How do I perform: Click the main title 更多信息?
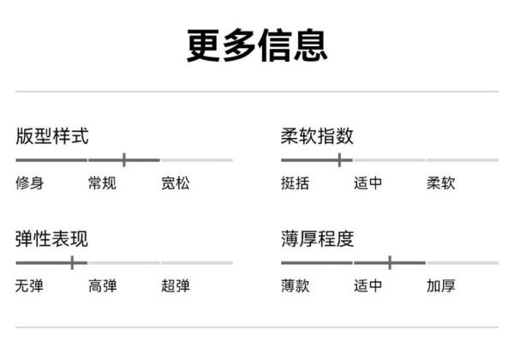(257, 45)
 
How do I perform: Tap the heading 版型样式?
(52, 135)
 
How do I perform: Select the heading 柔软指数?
(317, 135)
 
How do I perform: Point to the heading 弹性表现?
(51, 238)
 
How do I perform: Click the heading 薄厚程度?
(317, 238)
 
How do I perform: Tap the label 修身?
(29, 183)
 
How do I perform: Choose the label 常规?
(102, 183)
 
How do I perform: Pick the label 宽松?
(176, 183)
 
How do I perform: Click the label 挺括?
(295, 183)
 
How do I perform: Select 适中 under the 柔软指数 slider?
(368, 183)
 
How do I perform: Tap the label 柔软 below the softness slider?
(441, 183)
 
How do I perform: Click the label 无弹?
(29, 285)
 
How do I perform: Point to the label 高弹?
(103, 285)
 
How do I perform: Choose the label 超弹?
(176, 285)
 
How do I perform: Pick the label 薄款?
(295, 285)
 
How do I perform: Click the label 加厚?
(441, 285)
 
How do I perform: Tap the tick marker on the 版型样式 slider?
(124, 159)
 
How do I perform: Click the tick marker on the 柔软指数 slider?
(339, 159)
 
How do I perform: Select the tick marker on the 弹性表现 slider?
(72, 262)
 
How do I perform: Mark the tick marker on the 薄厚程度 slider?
(390, 262)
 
